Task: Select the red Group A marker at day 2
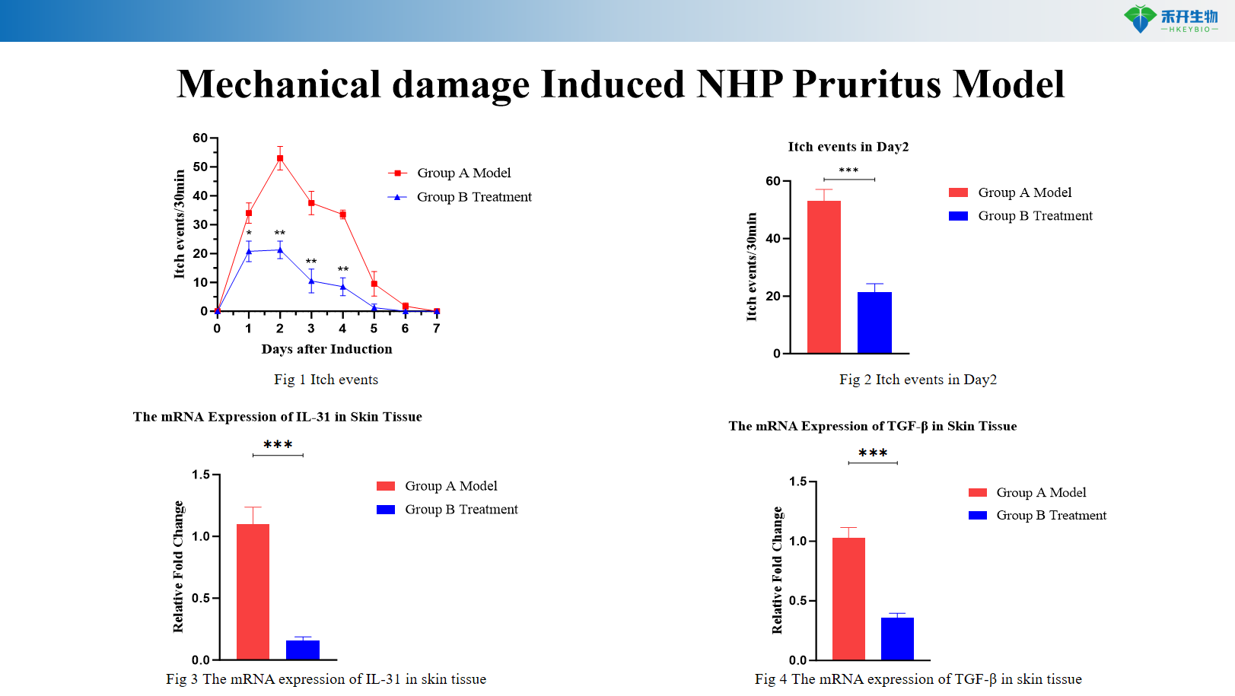280,158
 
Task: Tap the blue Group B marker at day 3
311,281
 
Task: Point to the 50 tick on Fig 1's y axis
200,167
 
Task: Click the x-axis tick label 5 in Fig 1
374,329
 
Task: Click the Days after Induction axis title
326,349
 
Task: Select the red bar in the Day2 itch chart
823,277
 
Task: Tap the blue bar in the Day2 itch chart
874,323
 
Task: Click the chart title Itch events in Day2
848,147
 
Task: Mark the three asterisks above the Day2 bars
848,171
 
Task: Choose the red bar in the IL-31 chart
253,591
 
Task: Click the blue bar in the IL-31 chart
303,650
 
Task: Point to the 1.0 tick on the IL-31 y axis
201,536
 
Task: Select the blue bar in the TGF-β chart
897,638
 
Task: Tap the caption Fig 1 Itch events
326,380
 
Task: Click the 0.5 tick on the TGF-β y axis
797,601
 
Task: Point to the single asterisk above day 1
249,234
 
